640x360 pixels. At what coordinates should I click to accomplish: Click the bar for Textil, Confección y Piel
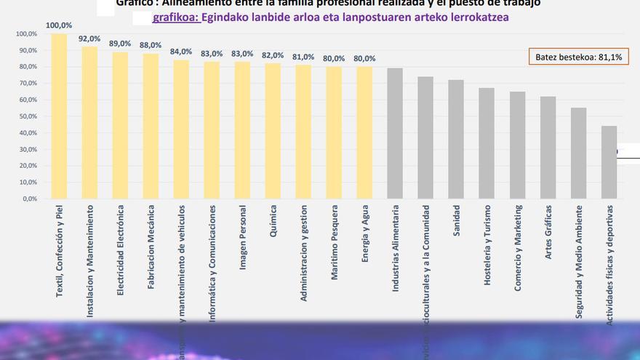[59, 116]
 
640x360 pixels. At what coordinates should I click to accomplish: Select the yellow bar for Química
[273, 131]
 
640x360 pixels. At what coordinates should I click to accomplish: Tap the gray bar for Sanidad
[456, 139]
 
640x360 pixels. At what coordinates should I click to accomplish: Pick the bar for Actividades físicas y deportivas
[609, 162]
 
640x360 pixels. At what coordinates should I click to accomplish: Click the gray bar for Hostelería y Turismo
[487, 143]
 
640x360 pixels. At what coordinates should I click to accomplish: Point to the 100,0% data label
[59, 25]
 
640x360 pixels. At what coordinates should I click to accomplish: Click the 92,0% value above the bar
[89, 39]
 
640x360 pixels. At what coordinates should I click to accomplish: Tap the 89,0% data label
[120, 44]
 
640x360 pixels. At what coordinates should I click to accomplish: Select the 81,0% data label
[303, 57]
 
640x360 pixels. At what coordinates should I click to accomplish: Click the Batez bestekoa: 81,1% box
[578, 57]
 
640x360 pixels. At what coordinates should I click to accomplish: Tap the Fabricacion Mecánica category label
[151, 251]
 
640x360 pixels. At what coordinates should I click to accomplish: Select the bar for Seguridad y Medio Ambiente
[578, 153]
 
